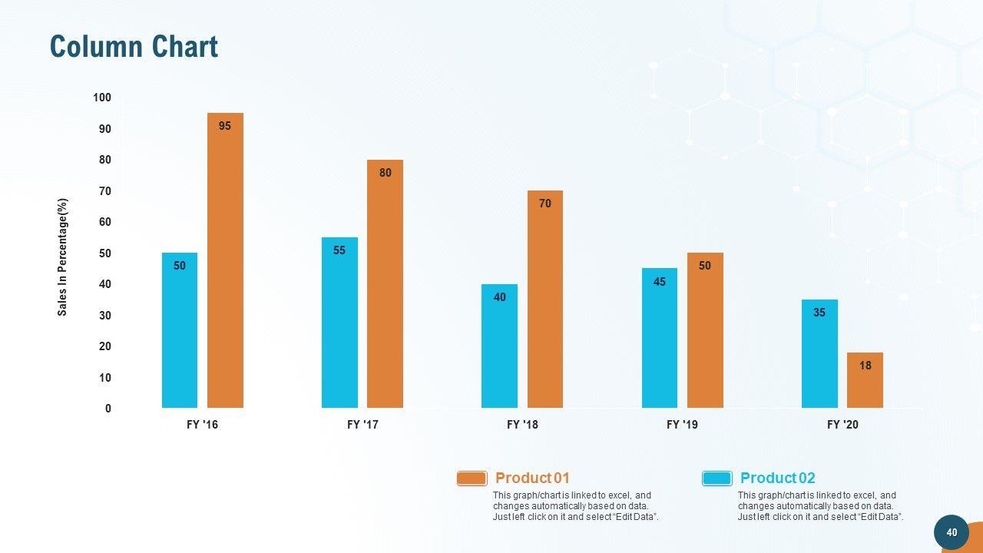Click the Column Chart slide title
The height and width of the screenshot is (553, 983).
point(134,47)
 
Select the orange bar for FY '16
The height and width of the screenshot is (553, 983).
point(225,261)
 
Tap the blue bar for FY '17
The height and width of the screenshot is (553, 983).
point(339,323)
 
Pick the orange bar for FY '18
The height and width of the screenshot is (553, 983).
point(545,300)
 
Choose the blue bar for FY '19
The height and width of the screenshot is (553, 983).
point(660,338)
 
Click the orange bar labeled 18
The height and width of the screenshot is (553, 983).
point(865,381)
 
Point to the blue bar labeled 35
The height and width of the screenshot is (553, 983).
point(819,354)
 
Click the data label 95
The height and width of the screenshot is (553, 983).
point(225,126)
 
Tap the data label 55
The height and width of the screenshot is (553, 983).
point(339,250)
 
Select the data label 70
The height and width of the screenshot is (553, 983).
point(545,204)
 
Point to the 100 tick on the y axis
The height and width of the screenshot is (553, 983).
point(102,98)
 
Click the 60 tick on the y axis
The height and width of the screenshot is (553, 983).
point(104,222)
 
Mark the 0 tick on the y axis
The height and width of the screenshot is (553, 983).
point(108,409)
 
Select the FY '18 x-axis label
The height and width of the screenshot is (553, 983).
point(523,425)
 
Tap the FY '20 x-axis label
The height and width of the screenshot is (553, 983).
point(842,425)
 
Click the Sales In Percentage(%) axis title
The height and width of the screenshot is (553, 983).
point(63,257)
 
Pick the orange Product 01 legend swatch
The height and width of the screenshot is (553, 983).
point(472,478)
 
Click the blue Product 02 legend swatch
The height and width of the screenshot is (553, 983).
point(717,478)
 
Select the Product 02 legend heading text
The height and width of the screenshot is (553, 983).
point(777,478)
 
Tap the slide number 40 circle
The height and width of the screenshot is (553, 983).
point(952,532)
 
